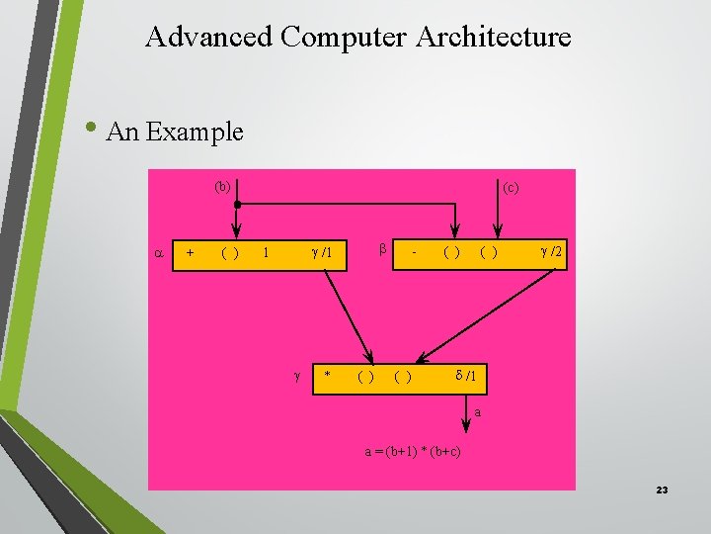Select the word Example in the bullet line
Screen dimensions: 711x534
click(194, 132)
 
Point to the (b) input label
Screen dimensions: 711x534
click(223, 186)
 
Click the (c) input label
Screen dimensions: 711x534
click(511, 186)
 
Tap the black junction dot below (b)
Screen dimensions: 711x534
click(238, 205)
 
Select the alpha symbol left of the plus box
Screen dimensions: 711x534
click(159, 252)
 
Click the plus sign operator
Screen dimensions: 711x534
click(190, 253)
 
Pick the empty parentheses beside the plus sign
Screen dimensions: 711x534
click(228, 253)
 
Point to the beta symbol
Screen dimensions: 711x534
click(381, 250)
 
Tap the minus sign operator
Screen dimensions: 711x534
click(415, 253)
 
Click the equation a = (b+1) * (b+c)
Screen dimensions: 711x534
click(414, 452)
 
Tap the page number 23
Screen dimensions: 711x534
click(662, 489)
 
